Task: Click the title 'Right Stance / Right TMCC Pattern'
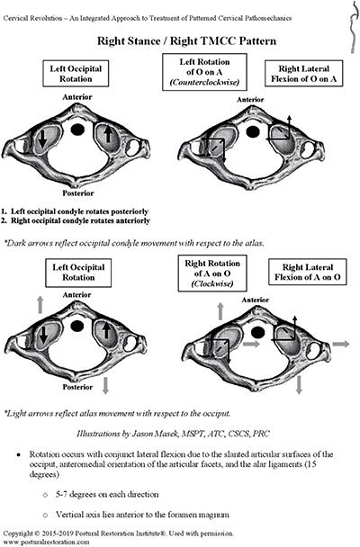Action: [x=186, y=41]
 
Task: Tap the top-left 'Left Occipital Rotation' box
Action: [x=76, y=74]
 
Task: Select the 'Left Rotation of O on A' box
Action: [x=204, y=72]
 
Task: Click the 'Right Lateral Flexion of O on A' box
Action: [x=304, y=74]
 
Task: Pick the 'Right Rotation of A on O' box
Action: [x=212, y=273]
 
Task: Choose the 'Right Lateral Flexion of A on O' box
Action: [x=307, y=272]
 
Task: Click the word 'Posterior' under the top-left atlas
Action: [x=78, y=193]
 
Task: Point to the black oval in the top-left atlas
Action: [x=77, y=130]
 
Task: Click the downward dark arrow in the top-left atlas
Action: [x=42, y=139]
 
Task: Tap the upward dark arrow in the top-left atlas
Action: [x=108, y=134]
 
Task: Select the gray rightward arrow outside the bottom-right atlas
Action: [x=340, y=344]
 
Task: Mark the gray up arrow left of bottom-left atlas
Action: [x=40, y=305]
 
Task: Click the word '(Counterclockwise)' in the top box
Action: [x=205, y=83]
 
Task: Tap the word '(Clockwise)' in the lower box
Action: [x=212, y=283]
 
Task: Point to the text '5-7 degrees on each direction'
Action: [x=107, y=494]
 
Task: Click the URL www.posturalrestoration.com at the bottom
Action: [x=46, y=542]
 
